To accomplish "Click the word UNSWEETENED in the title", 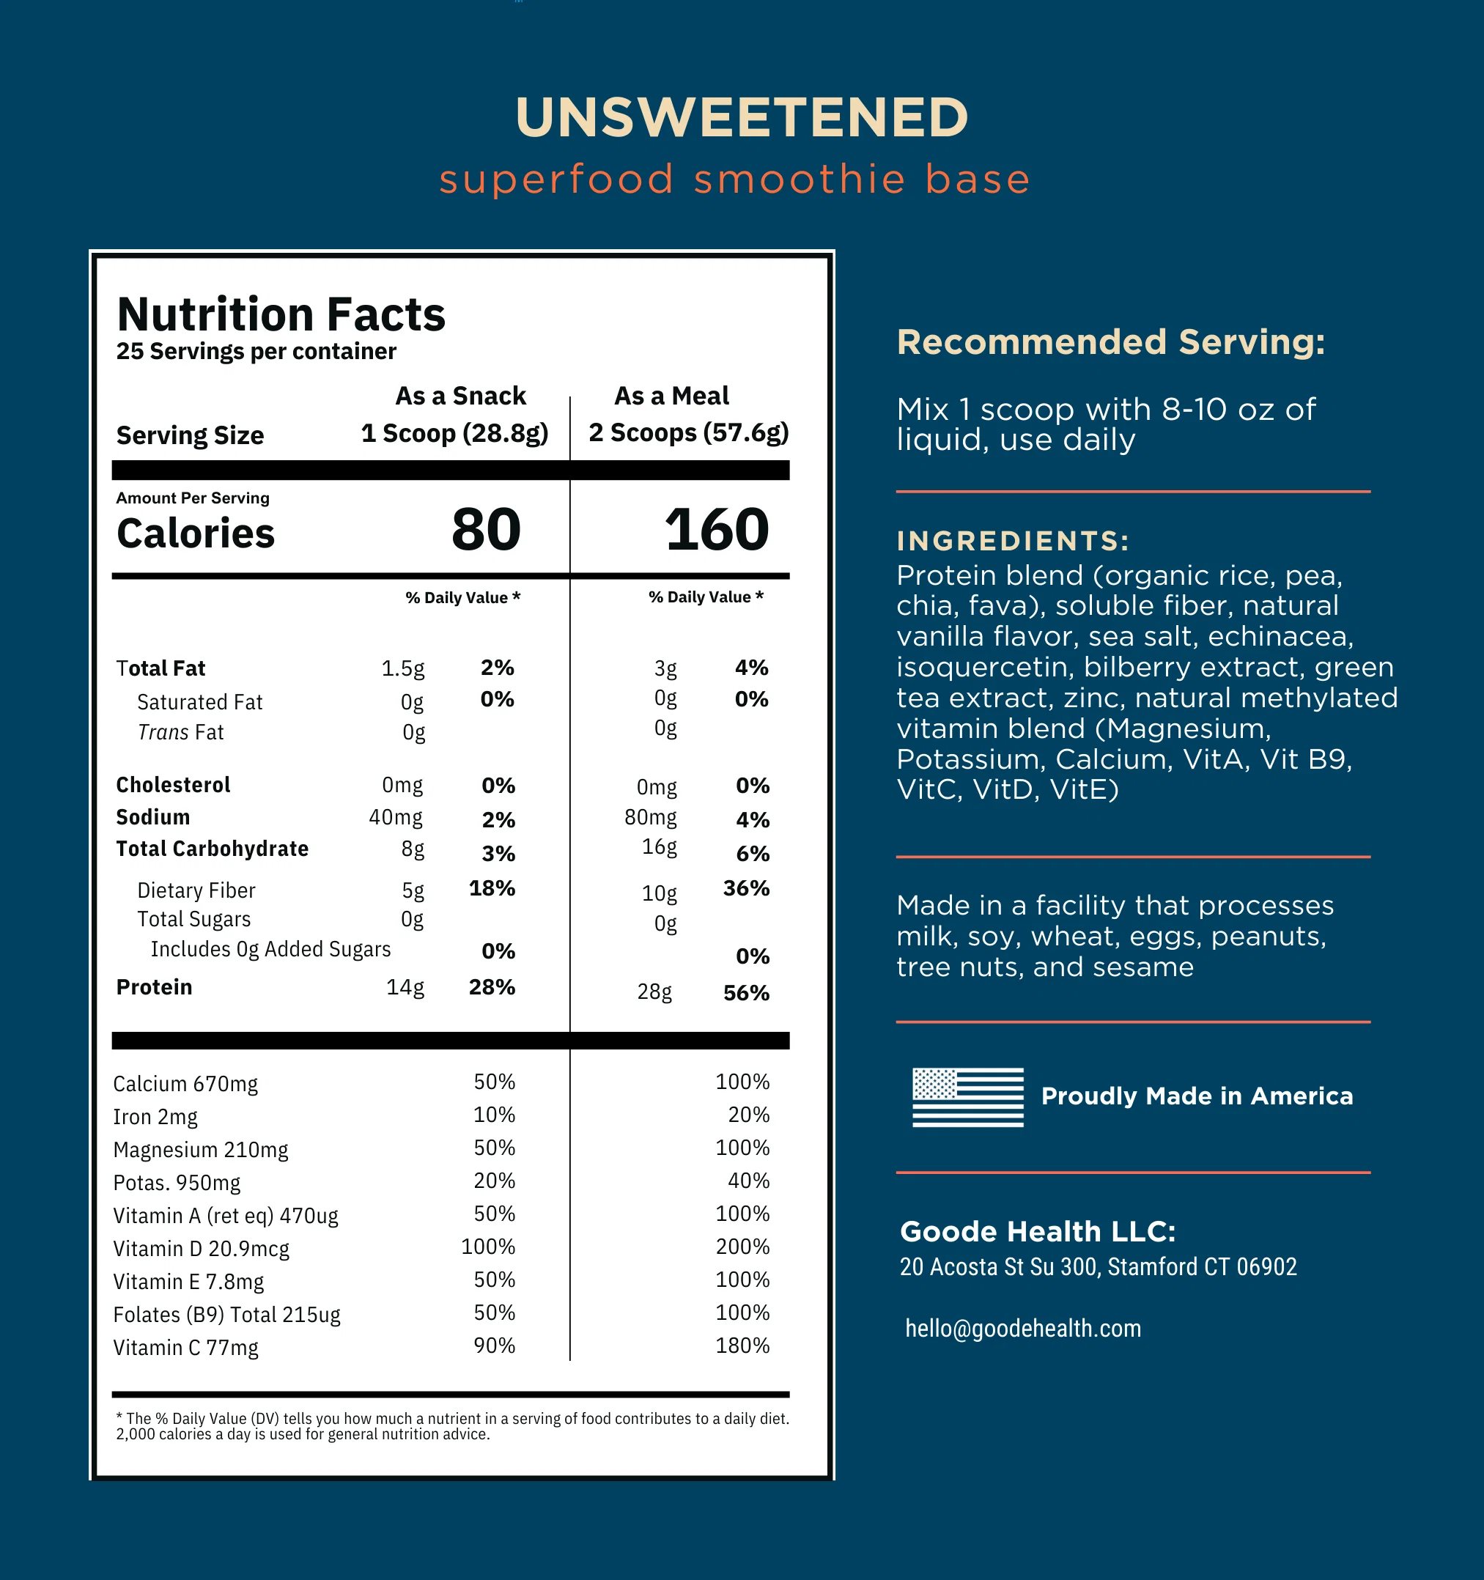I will click(742, 118).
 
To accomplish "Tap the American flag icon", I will click(967, 1097).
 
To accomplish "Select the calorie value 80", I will click(486, 529).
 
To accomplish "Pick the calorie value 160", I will click(716, 529).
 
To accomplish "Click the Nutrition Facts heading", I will click(281, 314).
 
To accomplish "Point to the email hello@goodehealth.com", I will click(1022, 1328).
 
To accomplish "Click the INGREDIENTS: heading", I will click(1013, 542).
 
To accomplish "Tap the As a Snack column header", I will click(460, 396).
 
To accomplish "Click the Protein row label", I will click(154, 987).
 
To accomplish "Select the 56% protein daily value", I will click(745, 993).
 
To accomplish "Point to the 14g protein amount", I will click(405, 987).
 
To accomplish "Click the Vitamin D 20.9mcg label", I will click(201, 1249).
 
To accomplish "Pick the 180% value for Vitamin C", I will click(742, 1345).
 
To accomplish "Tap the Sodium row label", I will click(152, 817).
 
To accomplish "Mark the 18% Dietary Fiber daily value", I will click(491, 887).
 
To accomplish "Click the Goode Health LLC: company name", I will click(1037, 1231).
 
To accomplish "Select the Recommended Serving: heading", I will click(1110, 342).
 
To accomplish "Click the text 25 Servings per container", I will click(256, 351).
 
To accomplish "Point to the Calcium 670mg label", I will click(185, 1083).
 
